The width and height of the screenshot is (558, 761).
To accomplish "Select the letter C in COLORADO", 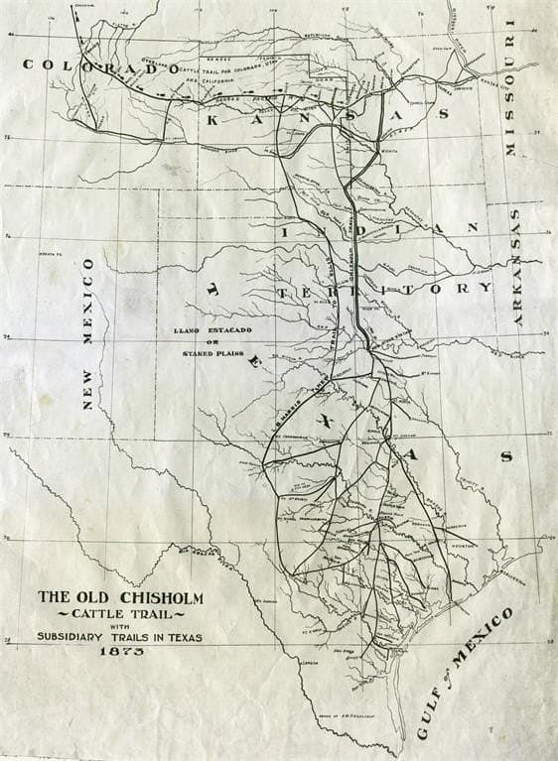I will (x=29, y=64).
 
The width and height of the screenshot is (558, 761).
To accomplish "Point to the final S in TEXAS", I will (x=505, y=456).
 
